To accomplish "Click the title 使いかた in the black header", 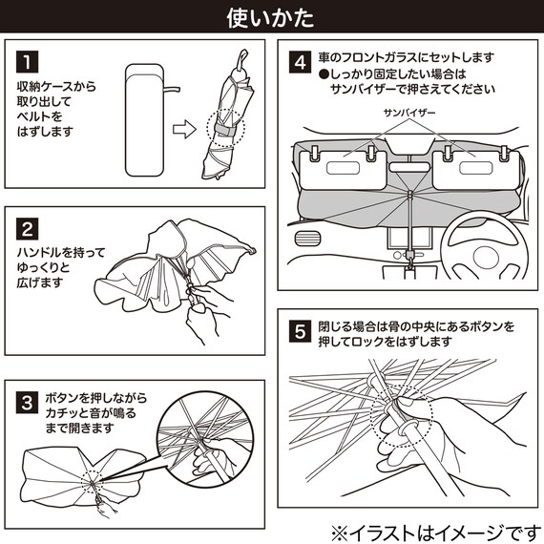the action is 271,18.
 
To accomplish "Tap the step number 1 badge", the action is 27,62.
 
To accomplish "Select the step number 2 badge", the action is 27,229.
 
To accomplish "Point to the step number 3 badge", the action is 27,403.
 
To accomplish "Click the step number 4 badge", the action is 300,62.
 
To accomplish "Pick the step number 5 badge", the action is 300,332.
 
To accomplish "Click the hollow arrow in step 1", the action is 184,129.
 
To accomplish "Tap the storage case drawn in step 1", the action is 145,120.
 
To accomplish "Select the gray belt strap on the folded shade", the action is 224,130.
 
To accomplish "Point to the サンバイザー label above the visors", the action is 409,113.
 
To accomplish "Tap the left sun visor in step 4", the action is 344,170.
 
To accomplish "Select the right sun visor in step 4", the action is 476,170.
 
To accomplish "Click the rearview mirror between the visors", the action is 409,167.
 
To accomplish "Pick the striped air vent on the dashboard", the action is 307,239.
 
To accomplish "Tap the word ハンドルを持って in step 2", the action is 61,252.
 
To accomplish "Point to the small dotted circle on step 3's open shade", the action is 92,482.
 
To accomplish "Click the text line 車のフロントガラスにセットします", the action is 406,57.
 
